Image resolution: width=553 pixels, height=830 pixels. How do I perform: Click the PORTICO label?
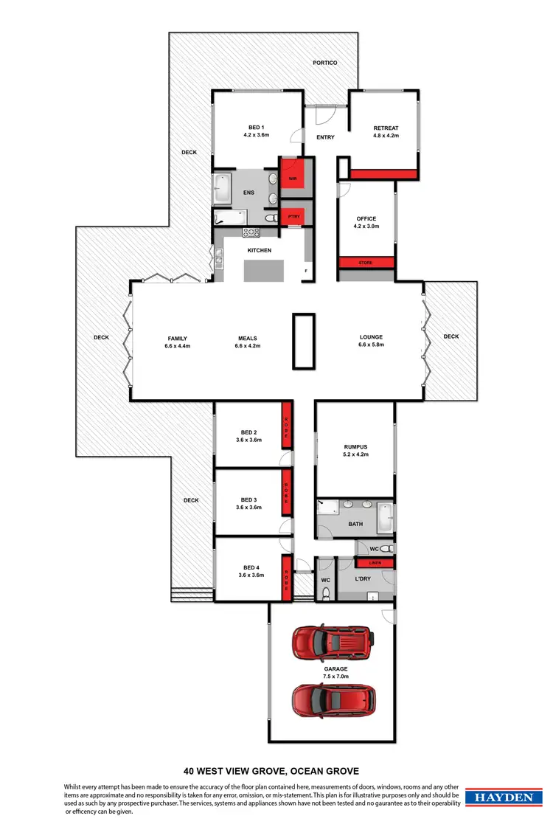(324, 63)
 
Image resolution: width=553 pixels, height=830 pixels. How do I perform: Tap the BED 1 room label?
(256, 128)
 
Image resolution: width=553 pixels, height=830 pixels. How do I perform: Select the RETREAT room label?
(386, 128)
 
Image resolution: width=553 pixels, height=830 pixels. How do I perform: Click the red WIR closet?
(293, 177)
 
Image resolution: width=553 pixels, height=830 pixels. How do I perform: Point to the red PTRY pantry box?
(293, 217)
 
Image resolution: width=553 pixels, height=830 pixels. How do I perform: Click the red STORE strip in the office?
(366, 262)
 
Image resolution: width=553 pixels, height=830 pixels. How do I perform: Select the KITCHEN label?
(259, 250)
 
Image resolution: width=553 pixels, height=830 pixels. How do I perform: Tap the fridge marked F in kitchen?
(306, 272)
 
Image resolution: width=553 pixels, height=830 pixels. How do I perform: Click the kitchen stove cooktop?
(251, 232)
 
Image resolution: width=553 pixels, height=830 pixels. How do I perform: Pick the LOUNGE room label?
(370, 337)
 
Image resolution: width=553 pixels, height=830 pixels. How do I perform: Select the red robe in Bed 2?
(286, 425)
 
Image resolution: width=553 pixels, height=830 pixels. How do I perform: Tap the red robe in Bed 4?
(286, 581)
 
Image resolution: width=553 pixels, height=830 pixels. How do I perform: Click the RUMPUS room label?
(355, 447)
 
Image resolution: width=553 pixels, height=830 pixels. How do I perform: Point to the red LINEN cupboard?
(375, 563)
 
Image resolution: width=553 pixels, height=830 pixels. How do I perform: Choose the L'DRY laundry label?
(362, 579)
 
